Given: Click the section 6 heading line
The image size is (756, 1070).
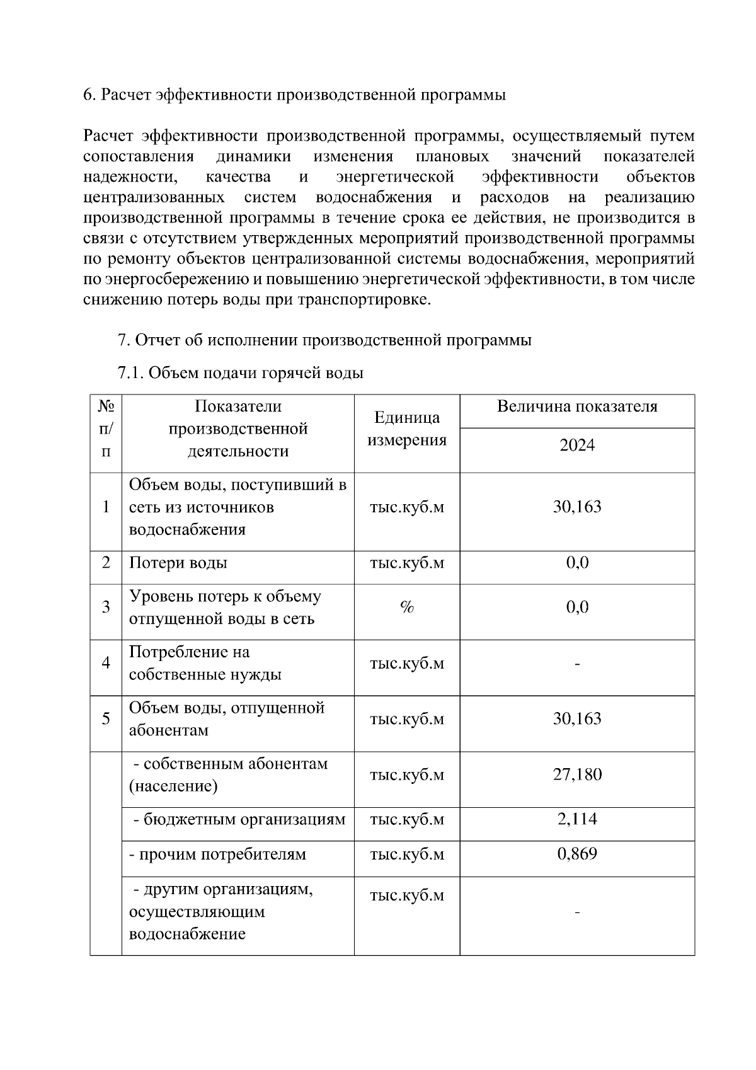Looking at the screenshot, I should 294,95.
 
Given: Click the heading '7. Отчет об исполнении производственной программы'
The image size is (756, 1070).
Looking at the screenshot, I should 324,340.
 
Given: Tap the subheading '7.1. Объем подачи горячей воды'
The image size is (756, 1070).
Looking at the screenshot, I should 241,373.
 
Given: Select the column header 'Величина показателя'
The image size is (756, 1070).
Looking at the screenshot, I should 576,406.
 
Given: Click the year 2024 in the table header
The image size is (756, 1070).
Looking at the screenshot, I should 576,446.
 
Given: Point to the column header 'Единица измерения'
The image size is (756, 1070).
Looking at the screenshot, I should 406,429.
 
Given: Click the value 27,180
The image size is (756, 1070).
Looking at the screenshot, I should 576,774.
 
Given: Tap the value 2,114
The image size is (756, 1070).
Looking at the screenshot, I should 576,819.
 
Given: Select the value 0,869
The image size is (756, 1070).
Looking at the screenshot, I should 576,854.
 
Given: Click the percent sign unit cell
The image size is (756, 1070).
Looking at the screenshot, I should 406,607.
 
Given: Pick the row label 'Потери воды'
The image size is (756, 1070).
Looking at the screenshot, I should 178,563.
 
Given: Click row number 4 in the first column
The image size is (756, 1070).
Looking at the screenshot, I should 106,663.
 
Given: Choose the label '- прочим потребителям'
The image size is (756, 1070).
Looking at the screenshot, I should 217,854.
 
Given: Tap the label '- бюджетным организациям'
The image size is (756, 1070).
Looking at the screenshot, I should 239,819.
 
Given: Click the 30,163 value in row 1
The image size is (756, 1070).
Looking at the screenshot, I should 576,507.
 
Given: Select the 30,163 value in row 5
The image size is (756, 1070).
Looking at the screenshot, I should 576,719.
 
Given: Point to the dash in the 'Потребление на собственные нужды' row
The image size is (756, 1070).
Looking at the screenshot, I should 576,664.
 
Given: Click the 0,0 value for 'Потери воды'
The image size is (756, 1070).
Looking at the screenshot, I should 576,563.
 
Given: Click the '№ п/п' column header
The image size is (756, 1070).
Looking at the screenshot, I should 106,429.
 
